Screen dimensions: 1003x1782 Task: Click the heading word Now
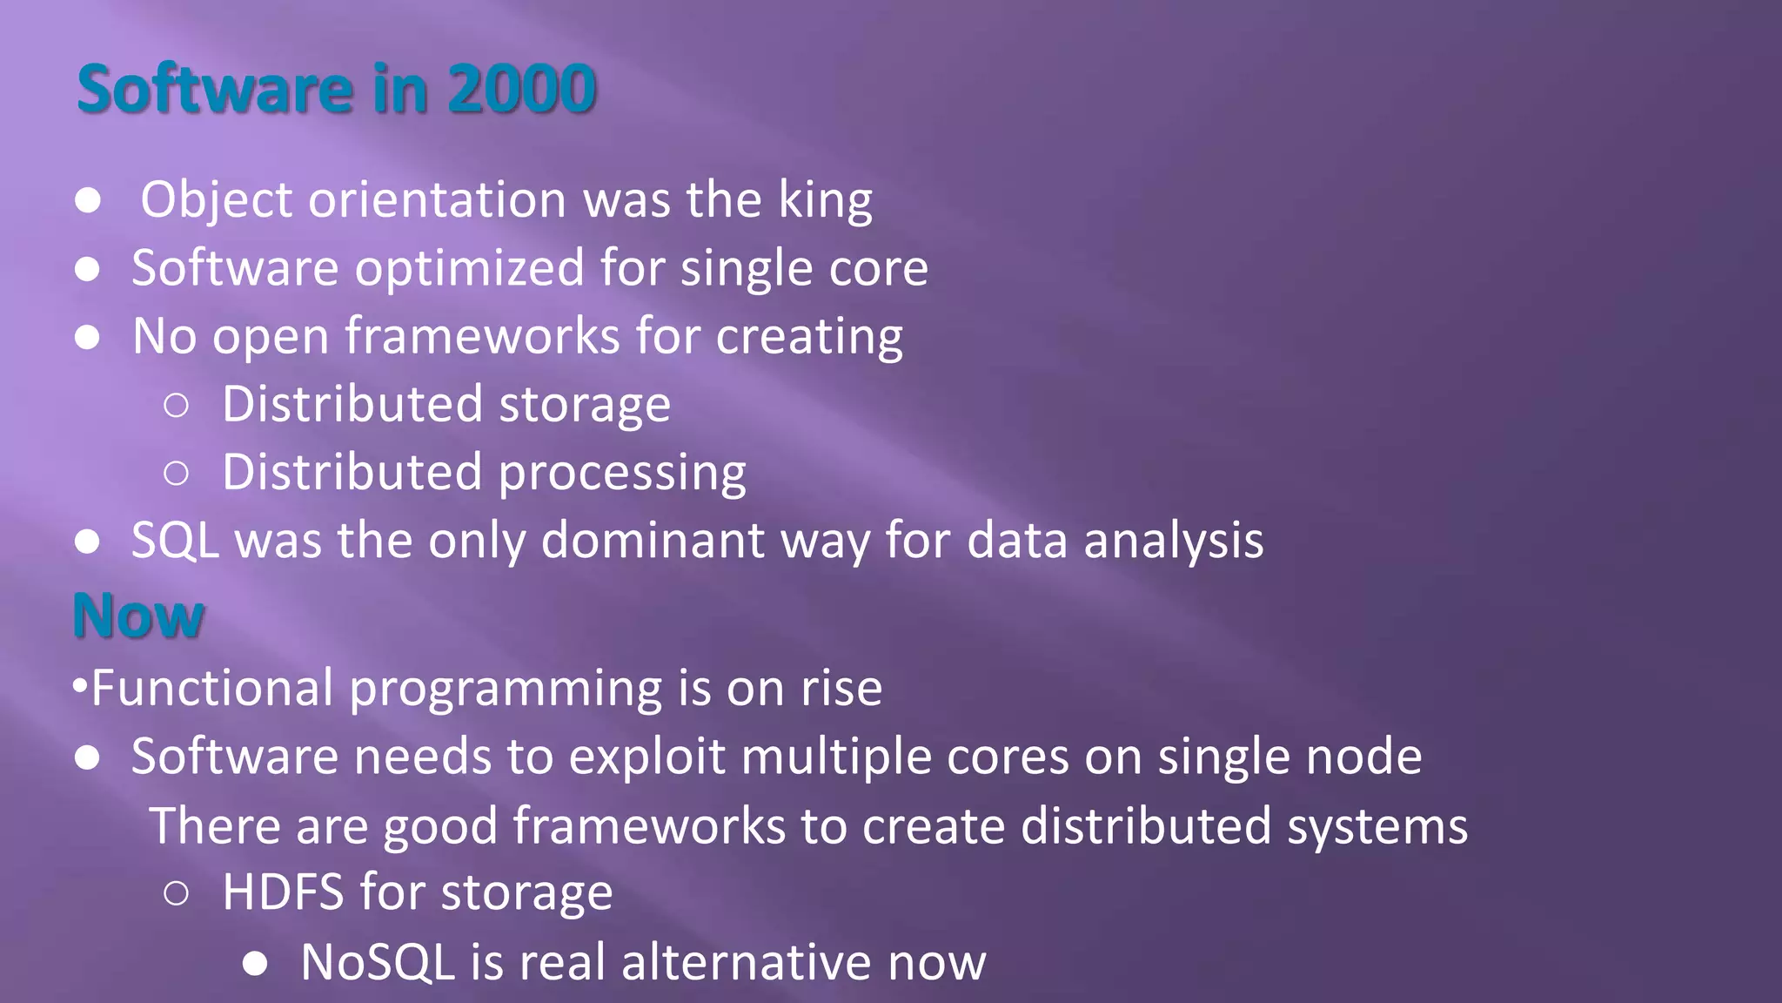(138, 616)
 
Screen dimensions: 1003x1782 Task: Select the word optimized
(469, 268)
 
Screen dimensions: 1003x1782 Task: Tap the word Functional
(212, 688)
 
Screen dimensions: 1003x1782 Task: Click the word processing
(622, 473)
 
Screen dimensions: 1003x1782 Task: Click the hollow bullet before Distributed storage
(176, 405)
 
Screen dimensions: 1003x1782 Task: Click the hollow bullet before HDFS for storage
(176, 893)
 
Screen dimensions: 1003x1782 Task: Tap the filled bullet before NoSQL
(255, 963)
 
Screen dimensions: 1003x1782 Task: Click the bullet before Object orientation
(88, 200)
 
